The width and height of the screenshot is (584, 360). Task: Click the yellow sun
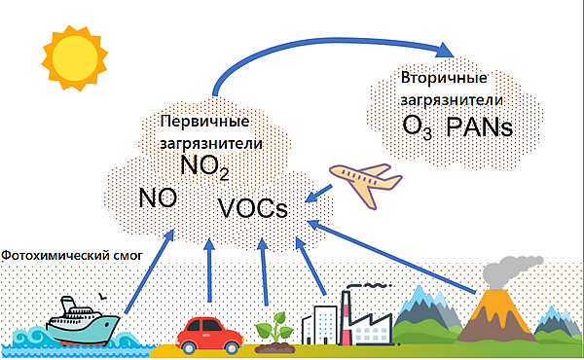coord(75,58)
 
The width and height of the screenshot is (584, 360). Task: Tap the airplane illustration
coord(366,183)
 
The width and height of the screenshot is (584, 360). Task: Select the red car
coord(209,335)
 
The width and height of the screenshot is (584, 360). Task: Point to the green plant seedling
coord(274,333)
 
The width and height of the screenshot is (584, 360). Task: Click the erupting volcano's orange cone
coord(496,315)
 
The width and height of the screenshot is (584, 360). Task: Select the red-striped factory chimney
coord(346,317)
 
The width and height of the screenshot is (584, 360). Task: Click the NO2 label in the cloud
coord(204,166)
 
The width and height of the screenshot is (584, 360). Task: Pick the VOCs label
coord(253,208)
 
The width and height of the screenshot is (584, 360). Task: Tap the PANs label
coord(479,126)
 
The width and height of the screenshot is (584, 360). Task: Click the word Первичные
coord(204,121)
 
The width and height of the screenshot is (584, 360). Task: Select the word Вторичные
coord(444,78)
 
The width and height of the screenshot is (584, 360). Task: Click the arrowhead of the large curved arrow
coord(445,51)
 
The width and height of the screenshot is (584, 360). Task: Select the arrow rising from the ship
coord(149,271)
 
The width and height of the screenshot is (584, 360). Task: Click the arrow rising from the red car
coord(209,270)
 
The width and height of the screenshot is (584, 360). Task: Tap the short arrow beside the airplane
coord(318,194)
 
